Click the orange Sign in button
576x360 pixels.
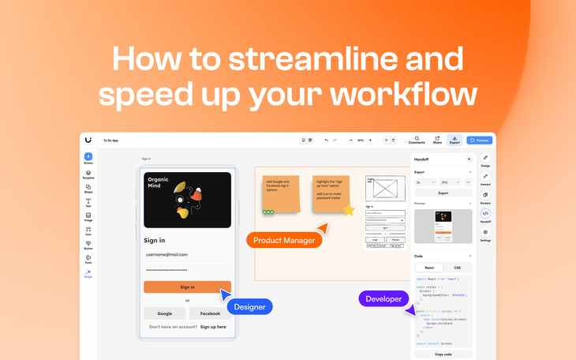[187, 287]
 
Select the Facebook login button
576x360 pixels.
[210, 313]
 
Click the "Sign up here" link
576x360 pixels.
[213, 327]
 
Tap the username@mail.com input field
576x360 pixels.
[187, 255]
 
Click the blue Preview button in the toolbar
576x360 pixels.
[479, 141]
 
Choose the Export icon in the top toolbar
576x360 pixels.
[454, 141]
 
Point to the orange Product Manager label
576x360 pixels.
[284, 240]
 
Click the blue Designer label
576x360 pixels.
[250, 306]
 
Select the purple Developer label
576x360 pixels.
[383, 299]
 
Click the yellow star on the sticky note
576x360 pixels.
[348, 210]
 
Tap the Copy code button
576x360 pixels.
[443, 354]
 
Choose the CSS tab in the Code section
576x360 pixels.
[457, 268]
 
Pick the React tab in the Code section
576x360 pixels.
[429, 268]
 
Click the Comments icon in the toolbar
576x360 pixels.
[417, 140]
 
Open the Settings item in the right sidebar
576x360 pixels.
[485, 234]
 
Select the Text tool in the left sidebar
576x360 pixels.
[88, 203]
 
